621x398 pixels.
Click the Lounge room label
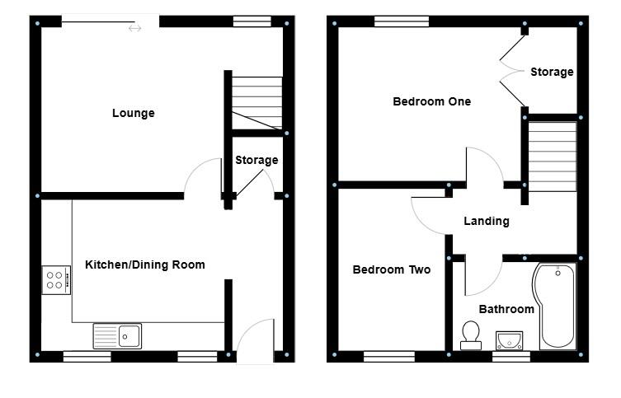tap(133, 113)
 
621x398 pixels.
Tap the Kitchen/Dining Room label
tap(145, 265)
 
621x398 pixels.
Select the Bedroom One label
tap(431, 101)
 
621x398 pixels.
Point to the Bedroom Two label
tap(391, 269)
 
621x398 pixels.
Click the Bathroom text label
tap(506, 309)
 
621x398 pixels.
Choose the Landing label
tap(486, 221)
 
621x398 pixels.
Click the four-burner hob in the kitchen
tap(55, 280)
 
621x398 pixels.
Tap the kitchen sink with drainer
tap(117, 335)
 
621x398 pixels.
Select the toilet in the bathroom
tap(471, 335)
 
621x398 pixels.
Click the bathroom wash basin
tap(510, 339)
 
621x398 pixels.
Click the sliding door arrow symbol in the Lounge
tap(134, 29)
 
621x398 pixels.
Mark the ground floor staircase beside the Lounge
tap(256, 102)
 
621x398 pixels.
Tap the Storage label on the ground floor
tap(256, 160)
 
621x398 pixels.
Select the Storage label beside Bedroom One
tap(551, 73)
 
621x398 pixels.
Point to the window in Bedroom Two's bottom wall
tap(389, 356)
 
